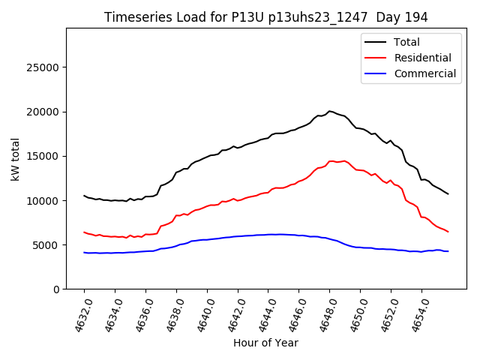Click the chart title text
pos(265,17)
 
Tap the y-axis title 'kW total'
pos(16,158)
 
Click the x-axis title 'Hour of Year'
pos(265,343)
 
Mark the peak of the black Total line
pos(329,111)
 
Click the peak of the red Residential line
pos(331,160)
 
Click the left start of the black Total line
pos(84,196)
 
